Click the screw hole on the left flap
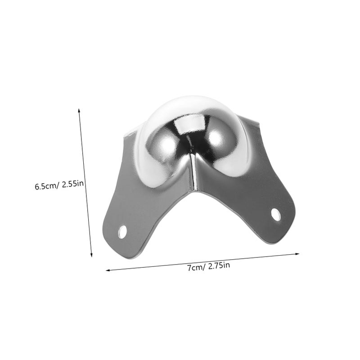coord(122,232)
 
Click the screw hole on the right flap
coord(276,215)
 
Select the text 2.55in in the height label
coord(72,184)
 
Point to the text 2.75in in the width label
coord(219,265)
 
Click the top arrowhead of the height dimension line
coord(79,111)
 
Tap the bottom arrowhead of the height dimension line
coord(91,254)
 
